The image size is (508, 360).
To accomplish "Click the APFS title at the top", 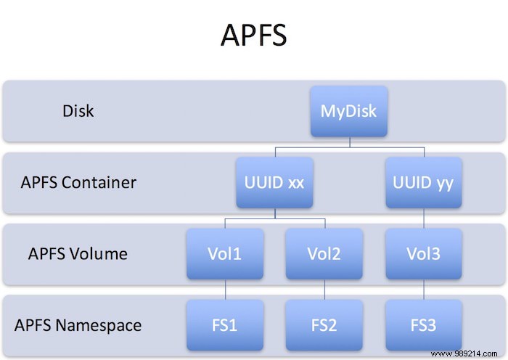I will point(253,34).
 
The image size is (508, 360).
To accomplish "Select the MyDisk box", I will point(349,111).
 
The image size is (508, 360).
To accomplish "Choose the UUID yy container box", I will point(423,182).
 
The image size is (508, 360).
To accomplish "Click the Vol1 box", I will point(224,253).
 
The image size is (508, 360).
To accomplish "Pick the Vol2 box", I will point(324,253).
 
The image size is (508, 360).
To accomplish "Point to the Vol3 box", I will point(423,253).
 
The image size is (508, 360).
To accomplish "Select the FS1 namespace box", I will point(224,324).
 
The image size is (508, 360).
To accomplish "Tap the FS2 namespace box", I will point(324,324).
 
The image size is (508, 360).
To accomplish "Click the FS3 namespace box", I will point(423,324).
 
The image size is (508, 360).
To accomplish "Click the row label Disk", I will point(78,112).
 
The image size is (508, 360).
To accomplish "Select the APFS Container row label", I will point(78,183).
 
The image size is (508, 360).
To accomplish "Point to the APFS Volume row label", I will point(78,254).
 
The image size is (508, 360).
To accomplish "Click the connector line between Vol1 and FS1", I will point(224,289).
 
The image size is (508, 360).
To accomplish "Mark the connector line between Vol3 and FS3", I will point(423,289).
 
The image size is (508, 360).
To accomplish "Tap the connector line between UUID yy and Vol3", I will point(423,218).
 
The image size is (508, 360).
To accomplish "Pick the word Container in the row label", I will point(99,183).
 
